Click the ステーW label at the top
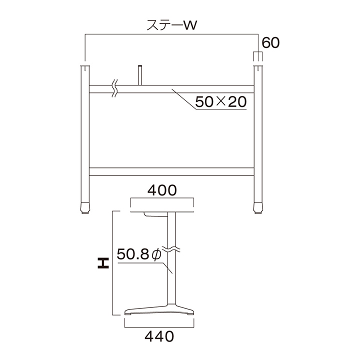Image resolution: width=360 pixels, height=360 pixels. (x=171, y=25)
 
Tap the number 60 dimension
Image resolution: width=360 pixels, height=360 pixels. (x=270, y=42)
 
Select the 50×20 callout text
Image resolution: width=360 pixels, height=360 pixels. (x=221, y=101)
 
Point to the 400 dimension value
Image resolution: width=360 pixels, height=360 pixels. (x=162, y=190)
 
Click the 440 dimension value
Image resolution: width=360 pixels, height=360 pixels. (x=159, y=336)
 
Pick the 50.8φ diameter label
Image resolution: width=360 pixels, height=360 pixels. (x=139, y=254)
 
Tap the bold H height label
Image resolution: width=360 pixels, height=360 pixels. (x=103, y=263)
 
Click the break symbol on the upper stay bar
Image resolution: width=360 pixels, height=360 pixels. (x=115, y=88)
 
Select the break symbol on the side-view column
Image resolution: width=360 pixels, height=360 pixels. (x=171, y=249)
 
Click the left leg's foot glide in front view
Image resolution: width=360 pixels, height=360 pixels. (x=85, y=208)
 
